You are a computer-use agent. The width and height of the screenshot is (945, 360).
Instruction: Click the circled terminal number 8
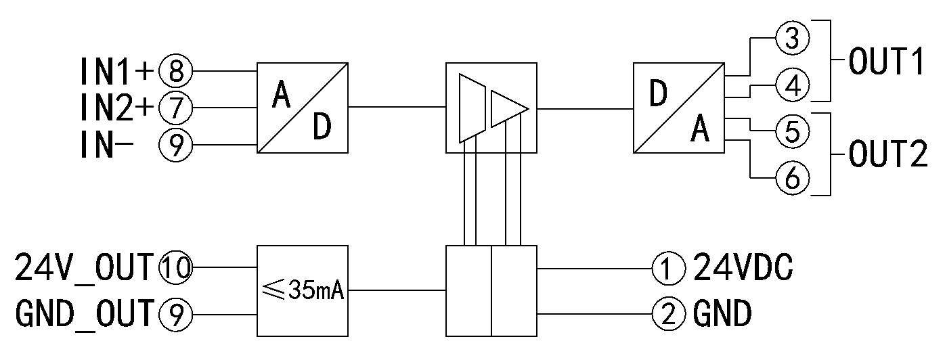(176, 70)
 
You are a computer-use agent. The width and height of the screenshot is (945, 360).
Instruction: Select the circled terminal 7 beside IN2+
(176, 107)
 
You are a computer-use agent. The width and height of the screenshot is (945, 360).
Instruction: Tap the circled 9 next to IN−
(176, 144)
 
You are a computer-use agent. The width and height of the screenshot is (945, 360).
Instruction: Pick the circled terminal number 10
(175, 270)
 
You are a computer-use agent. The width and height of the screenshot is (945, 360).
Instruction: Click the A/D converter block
(302, 108)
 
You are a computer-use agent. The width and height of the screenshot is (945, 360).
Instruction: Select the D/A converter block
(679, 108)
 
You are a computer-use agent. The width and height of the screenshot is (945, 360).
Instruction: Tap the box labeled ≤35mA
(302, 291)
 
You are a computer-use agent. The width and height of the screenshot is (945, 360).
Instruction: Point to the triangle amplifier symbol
(508, 108)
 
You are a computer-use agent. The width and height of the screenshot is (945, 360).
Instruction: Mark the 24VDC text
(742, 270)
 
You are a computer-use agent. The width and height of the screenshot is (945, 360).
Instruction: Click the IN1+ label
(117, 70)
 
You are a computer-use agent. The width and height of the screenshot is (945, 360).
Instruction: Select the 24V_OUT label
(85, 270)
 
